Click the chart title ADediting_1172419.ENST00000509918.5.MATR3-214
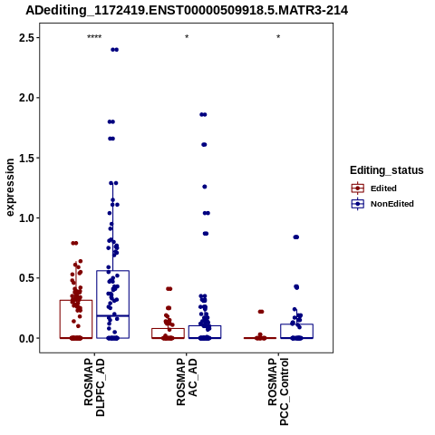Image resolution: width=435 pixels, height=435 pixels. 187,10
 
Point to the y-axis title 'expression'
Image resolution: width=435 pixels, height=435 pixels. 10,188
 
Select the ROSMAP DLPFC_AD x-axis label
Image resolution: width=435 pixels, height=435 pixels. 94,387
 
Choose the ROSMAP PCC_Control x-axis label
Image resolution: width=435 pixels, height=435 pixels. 278,391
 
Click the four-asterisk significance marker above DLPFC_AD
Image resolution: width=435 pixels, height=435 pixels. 94,37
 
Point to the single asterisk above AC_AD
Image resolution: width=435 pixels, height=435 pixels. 187,37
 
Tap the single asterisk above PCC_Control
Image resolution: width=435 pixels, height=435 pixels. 278,37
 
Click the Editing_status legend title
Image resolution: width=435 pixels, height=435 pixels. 387,170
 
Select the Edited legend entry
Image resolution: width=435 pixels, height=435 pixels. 374,188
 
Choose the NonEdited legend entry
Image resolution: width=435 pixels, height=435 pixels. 382,204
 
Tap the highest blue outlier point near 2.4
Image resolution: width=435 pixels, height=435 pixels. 114,50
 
